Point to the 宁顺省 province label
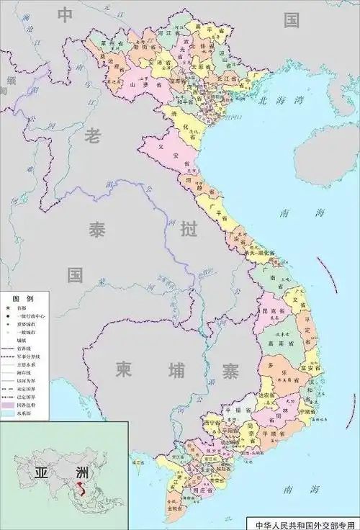coord(306,413)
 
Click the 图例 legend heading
coord(19,297)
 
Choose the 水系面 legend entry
coord(32,415)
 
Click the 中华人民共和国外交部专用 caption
coord(302,524)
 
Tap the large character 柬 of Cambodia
coord(124,371)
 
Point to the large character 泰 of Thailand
coord(96,230)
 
